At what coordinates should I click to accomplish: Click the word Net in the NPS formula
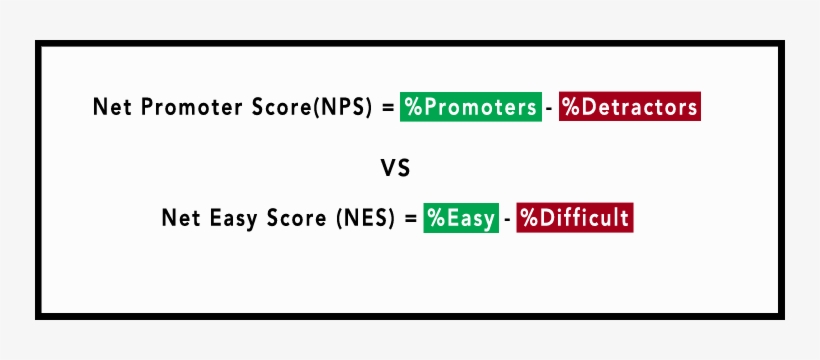[109, 108]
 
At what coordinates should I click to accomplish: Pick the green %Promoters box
[470, 107]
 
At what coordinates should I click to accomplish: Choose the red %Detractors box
[629, 107]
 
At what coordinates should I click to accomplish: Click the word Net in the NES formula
[178, 218]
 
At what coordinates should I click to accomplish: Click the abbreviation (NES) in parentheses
[366, 218]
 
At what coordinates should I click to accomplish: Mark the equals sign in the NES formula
[410, 218]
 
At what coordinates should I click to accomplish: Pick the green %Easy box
[460, 218]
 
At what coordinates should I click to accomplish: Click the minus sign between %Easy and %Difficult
[506, 219]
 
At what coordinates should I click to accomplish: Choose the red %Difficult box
[574, 218]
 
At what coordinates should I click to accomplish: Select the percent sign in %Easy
[434, 218]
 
